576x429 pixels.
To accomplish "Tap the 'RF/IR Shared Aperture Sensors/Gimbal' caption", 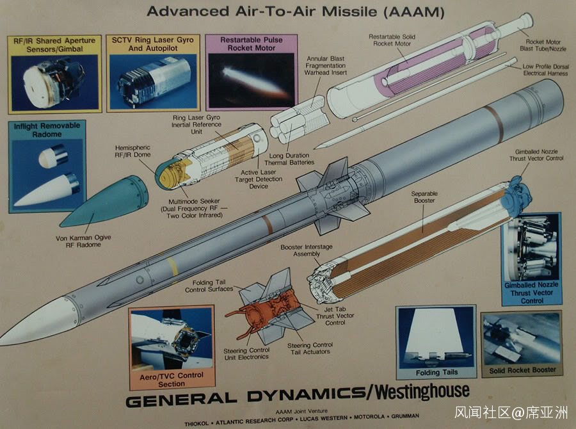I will (54, 45).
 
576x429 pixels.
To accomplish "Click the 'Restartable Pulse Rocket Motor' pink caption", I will (251, 44).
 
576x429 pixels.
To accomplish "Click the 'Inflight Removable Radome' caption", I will (47, 130).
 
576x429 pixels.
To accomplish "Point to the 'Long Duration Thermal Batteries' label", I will (289, 159).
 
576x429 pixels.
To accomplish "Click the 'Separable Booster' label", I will (423, 197).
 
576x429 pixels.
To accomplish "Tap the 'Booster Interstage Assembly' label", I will (300, 250).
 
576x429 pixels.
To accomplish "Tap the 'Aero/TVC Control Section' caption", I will (171, 379).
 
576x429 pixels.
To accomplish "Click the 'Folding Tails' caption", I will (436, 372).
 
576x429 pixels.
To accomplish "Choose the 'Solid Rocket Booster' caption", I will (522, 370).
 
